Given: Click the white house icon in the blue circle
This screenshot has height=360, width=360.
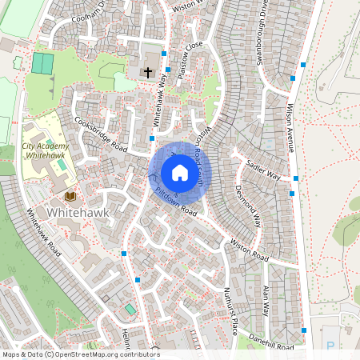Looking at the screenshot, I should point(179,173).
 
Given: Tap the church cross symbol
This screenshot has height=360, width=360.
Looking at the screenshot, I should point(147,73).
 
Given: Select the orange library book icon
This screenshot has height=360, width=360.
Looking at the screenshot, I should point(70,196).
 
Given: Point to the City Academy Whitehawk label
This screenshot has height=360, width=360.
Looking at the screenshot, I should point(45,150).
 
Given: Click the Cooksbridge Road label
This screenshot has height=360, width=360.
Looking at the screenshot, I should point(101,135).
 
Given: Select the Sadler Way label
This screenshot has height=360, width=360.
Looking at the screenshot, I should point(265,169).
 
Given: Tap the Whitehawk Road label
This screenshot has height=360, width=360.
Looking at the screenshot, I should point(44,232).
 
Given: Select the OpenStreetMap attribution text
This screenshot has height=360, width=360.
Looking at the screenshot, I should point(80,354).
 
